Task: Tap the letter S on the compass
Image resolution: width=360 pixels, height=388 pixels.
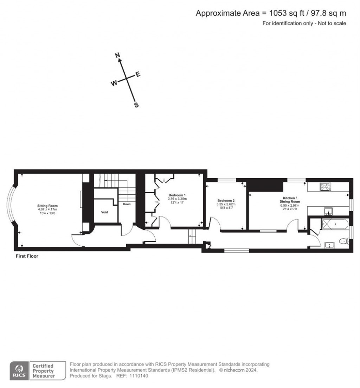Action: click(x=136, y=105)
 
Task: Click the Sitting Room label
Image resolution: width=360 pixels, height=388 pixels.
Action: click(x=48, y=206)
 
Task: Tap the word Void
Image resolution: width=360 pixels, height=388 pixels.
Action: click(x=104, y=212)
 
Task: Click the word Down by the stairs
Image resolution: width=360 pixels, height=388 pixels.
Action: click(x=127, y=204)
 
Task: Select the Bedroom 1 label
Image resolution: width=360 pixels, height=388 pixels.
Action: click(x=177, y=195)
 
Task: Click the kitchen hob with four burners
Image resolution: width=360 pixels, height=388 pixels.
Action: click(x=324, y=187)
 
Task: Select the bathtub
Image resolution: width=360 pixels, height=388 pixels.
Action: click(x=334, y=223)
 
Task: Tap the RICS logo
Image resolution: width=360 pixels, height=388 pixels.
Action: click(x=18, y=370)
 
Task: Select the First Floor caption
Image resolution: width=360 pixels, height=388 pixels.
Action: click(x=27, y=256)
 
